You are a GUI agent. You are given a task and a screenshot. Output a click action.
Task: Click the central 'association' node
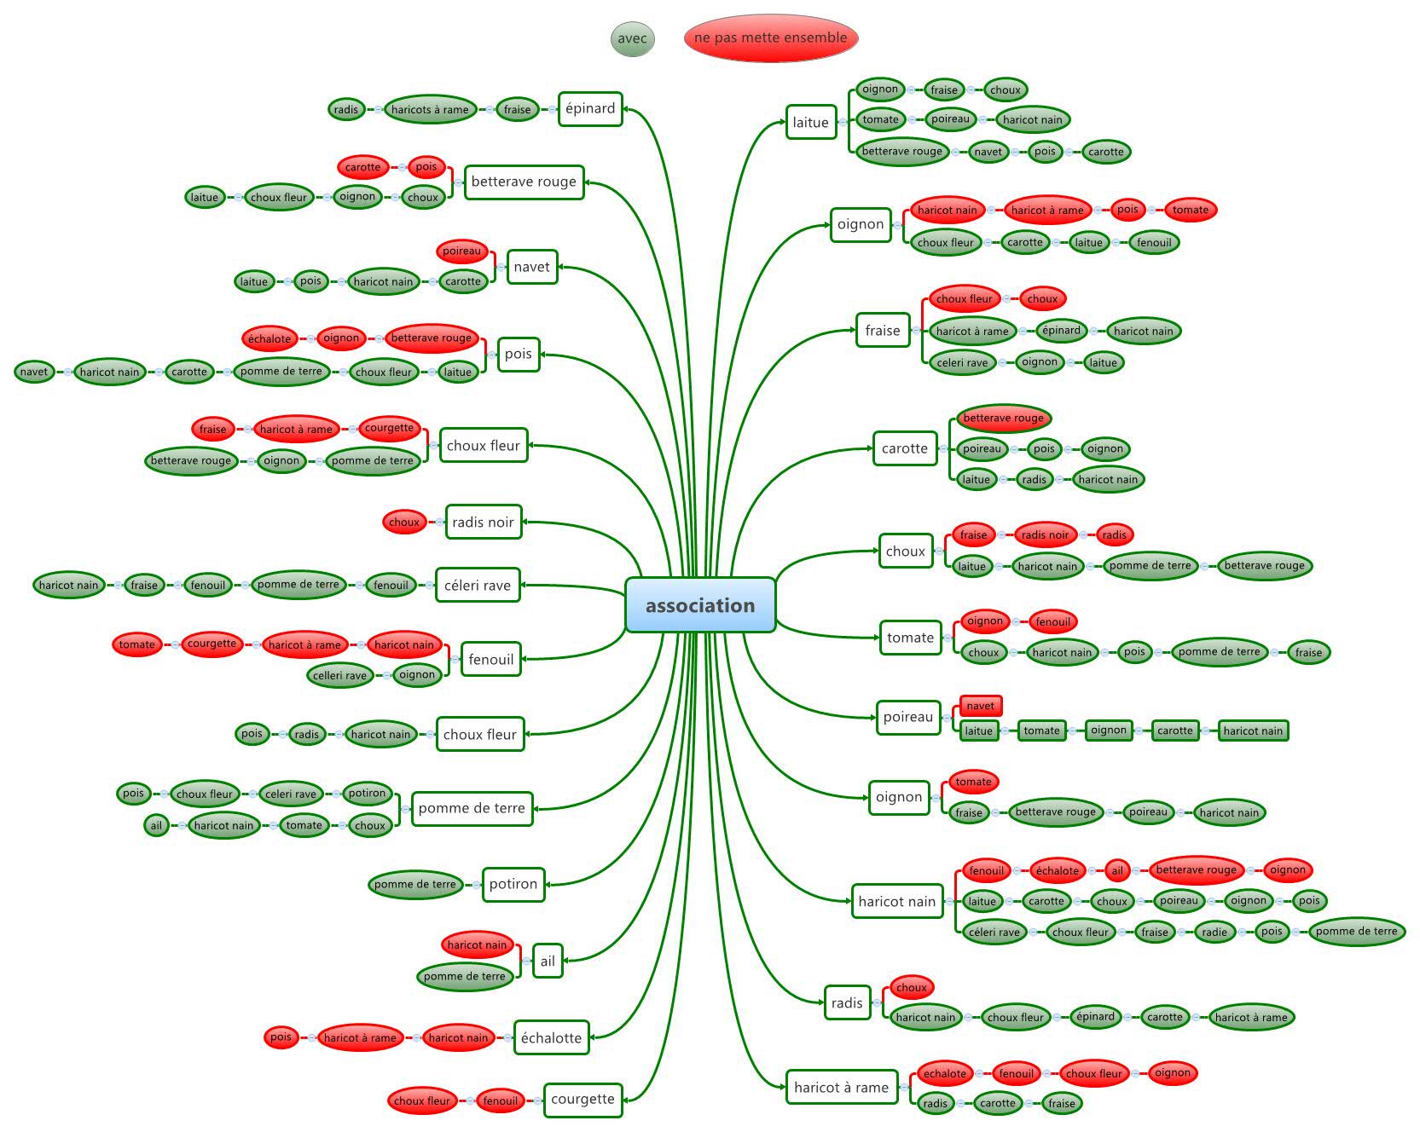[x=700, y=605]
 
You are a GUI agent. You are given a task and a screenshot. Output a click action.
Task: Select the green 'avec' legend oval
[x=632, y=38]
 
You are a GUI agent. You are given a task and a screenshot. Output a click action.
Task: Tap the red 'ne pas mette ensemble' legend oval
[x=770, y=38]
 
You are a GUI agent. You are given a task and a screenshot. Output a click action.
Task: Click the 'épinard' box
[x=590, y=108]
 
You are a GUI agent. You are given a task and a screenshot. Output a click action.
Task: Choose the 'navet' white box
[x=531, y=267]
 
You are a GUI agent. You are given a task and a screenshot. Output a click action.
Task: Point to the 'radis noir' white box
[x=483, y=522]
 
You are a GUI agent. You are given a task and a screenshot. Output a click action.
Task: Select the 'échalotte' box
[x=551, y=1037]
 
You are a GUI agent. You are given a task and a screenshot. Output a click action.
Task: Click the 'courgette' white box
[x=582, y=1099]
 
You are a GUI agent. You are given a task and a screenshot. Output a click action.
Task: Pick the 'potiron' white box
[x=513, y=884]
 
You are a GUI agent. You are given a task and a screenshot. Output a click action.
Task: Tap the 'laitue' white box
[x=810, y=122]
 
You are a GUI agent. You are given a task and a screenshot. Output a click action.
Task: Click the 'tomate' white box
[x=910, y=637]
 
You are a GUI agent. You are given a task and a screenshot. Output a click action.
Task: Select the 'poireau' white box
[x=908, y=717]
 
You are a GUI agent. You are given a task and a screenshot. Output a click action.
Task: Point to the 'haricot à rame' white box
[x=841, y=1087]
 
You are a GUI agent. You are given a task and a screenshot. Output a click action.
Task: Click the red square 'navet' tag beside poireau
[x=980, y=706]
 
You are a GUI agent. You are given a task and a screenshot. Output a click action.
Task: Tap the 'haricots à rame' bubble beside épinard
[x=430, y=109]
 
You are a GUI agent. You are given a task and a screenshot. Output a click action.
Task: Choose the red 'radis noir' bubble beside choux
[x=1045, y=534]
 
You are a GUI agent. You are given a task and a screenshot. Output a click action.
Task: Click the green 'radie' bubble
[x=1214, y=932]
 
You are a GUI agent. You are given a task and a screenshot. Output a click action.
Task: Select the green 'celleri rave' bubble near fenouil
[x=339, y=675]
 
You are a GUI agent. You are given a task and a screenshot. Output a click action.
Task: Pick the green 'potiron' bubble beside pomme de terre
[x=367, y=793]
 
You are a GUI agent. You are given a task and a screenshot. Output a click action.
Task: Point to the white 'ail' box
[x=548, y=961]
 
